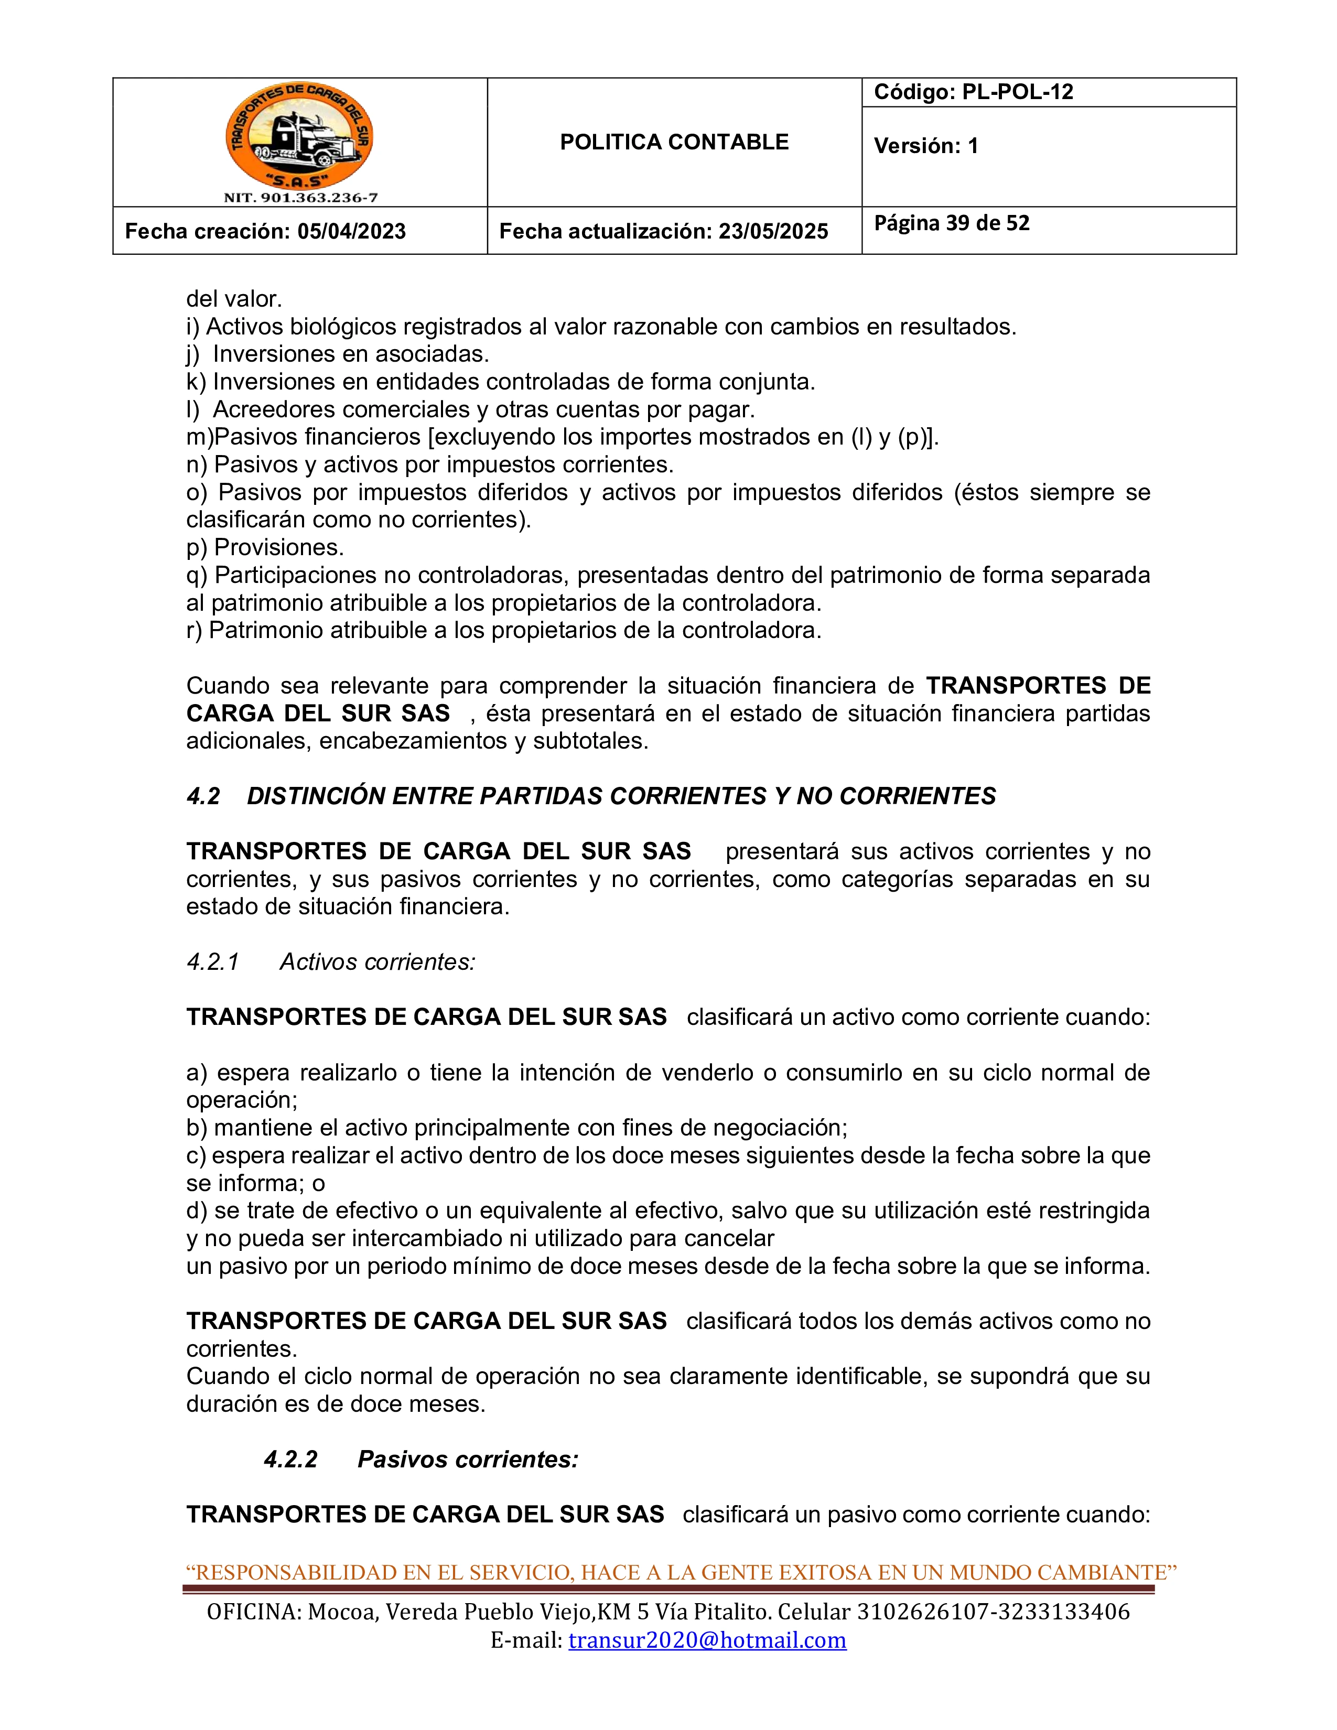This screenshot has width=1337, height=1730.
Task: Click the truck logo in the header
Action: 299,135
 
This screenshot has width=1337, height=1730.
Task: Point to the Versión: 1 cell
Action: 926,146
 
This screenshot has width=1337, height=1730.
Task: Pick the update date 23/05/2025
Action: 773,231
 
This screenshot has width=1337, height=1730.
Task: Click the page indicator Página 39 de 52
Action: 951,223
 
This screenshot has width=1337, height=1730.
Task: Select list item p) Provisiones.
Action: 265,547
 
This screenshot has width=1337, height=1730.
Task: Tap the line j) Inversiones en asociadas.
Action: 338,353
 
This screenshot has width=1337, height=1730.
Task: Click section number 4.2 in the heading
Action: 203,796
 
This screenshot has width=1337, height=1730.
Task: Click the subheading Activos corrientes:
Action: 377,961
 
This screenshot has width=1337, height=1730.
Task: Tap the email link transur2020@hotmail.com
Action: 707,1640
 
